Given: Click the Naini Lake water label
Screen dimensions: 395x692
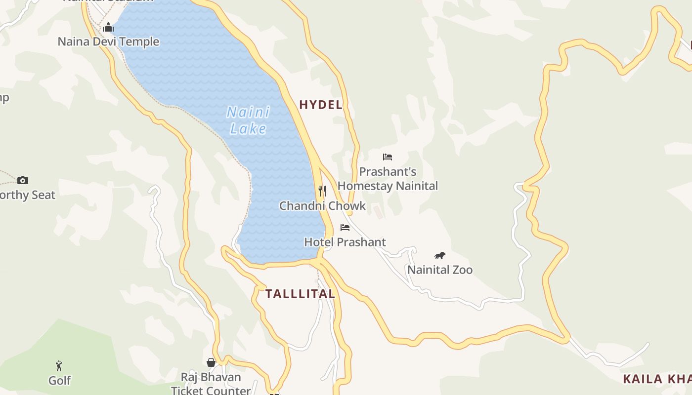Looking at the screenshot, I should [x=248, y=120].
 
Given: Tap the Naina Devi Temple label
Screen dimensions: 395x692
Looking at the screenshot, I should [x=108, y=41].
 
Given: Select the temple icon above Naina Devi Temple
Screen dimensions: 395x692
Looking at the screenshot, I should [x=108, y=27].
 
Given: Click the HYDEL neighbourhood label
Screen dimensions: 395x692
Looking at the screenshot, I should [x=321, y=105].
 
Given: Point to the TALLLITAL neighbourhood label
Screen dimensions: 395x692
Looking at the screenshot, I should [x=300, y=294].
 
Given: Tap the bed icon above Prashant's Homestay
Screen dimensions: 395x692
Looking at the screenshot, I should [x=388, y=157].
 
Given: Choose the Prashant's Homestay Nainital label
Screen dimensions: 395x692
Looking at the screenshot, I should [x=388, y=179].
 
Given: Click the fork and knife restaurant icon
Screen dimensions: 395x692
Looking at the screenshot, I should [x=322, y=191].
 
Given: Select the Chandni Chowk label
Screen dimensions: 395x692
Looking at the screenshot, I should [x=322, y=206].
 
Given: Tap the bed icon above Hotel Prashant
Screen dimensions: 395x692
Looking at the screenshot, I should [x=345, y=227].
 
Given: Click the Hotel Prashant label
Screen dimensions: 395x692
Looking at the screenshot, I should [x=345, y=242].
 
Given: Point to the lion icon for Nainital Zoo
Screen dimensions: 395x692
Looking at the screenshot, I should [x=440, y=255].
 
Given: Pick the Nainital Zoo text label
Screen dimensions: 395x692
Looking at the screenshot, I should [x=440, y=270].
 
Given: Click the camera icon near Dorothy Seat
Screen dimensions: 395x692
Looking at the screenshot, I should [x=23, y=180].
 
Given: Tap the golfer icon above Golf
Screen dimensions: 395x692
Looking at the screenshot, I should [x=59, y=366].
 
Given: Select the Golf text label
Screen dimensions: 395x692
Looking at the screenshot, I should [x=59, y=380].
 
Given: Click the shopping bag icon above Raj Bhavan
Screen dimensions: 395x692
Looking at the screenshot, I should [x=211, y=362].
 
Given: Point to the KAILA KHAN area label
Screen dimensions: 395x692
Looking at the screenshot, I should [x=656, y=379].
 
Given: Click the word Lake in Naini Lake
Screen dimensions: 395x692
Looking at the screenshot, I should [x=248, y=129].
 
